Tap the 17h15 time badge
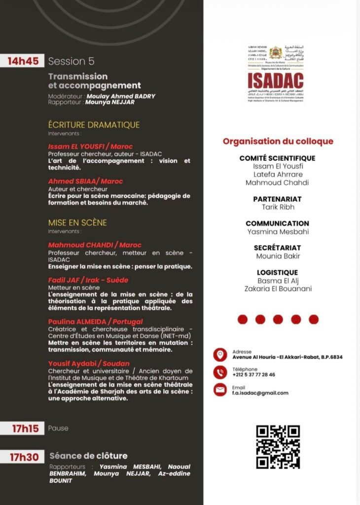tap(25, 429)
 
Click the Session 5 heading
tap(71, 61)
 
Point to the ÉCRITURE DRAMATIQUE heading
tap(94, 125)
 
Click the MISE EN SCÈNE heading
tap(77, 223)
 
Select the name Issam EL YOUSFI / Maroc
tap(87, 147)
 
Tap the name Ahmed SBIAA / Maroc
tap(85, 181)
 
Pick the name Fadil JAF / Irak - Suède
tap(88, 280)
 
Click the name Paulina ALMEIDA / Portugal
tap(95, 322)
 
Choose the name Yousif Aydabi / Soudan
tap(85, 363)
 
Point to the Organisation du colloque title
tap(278, 142)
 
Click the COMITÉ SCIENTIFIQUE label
tap(277, 158)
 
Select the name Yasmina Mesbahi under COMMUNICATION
tap(278, 232)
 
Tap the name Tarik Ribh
tap(278, 207)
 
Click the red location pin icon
tap(220, 355)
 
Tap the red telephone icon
tap(220, 372)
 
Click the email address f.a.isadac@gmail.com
tap(260, 393)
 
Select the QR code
tap(278, 447)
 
